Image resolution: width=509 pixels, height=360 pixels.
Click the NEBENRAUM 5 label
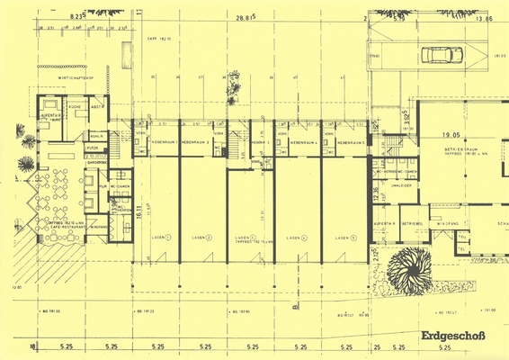(x=350, y=142)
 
